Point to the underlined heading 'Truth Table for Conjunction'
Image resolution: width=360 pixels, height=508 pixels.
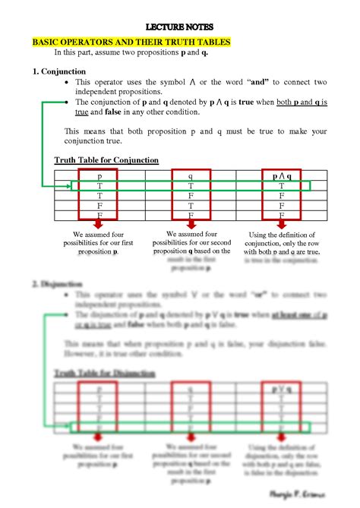point(106,160)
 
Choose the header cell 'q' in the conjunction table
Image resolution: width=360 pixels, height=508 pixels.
point(191,176)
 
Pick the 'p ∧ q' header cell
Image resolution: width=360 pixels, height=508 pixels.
point(281,176)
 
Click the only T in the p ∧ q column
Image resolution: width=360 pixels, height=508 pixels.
point(281,186)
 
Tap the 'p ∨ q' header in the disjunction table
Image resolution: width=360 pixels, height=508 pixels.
point(281,389)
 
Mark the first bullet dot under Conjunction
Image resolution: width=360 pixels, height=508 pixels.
point(69,82)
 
